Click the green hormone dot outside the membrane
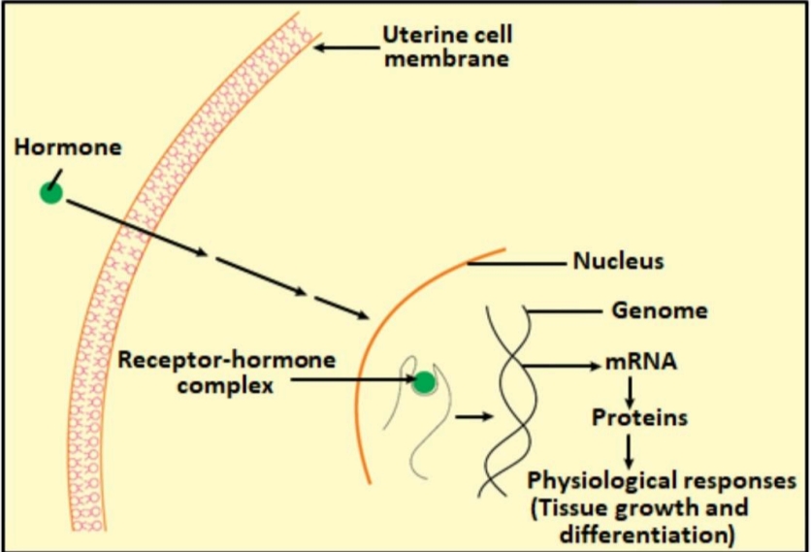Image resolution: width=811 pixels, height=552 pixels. pos(51,193)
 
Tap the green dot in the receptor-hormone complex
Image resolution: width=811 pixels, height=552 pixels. pos(425,383)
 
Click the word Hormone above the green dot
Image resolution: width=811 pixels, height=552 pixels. pos(68,147)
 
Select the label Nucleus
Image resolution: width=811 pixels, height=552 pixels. pos(619,261)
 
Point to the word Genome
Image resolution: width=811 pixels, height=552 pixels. pos(660,310)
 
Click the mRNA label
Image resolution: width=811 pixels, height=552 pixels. pos(641,362)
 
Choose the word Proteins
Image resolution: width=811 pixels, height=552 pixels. pos(640,417)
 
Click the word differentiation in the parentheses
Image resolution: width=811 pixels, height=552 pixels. pos(646,535)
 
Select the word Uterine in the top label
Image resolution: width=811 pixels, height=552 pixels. pos(417,35)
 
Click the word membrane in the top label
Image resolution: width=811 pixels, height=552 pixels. pos(447,58)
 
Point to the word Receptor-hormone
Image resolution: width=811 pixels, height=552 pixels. pos(227,360)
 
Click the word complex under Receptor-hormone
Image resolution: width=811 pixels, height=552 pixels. pos(225,385)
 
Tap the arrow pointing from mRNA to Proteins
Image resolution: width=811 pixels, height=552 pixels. pos(630,392)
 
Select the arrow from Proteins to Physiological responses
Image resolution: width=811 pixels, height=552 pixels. pos(629,450)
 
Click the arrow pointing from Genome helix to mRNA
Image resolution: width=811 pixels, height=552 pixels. pos(561,366)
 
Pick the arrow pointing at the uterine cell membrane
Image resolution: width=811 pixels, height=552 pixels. pos(347,48)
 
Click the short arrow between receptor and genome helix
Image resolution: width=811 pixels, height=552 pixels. pos(473,416)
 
